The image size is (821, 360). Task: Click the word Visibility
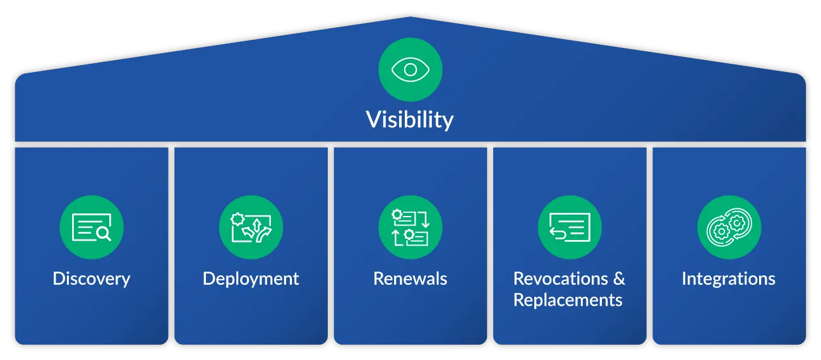click(x=410, y=120)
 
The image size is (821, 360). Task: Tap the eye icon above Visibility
click(x=410, y=69)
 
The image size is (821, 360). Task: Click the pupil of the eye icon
click(x=410, y=69)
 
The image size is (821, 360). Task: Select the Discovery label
click(x=92, y=279)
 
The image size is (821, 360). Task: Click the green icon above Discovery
click(x=92, y=227)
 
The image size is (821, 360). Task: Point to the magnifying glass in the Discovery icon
click(x=104, y=234)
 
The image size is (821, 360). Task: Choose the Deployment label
click(x=251, y=279)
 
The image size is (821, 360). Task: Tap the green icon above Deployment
click(x=251, y=227)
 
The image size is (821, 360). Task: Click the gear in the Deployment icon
click(x=237, y=219)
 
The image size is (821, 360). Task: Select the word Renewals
click(x=410, y=279)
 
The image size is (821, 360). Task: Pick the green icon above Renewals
click(x=410, y=227)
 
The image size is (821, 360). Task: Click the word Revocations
click(x=561, y=279)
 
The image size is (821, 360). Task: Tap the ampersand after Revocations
click(x=619, y=279)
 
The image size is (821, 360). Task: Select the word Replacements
click(x=568, y=300)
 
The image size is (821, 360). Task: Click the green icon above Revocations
click(x=570, y=227)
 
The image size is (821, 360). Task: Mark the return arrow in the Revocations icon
click(x=558, y=233)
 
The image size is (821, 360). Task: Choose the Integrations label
click(x=729, y=279)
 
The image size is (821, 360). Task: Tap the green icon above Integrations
click(x=729, y=227)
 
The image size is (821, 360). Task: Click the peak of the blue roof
click(x=410, y=17)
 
